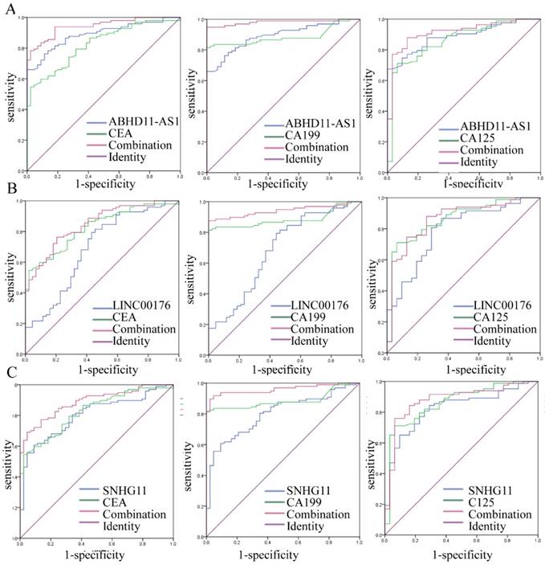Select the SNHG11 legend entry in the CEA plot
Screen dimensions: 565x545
pos(119,489)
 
